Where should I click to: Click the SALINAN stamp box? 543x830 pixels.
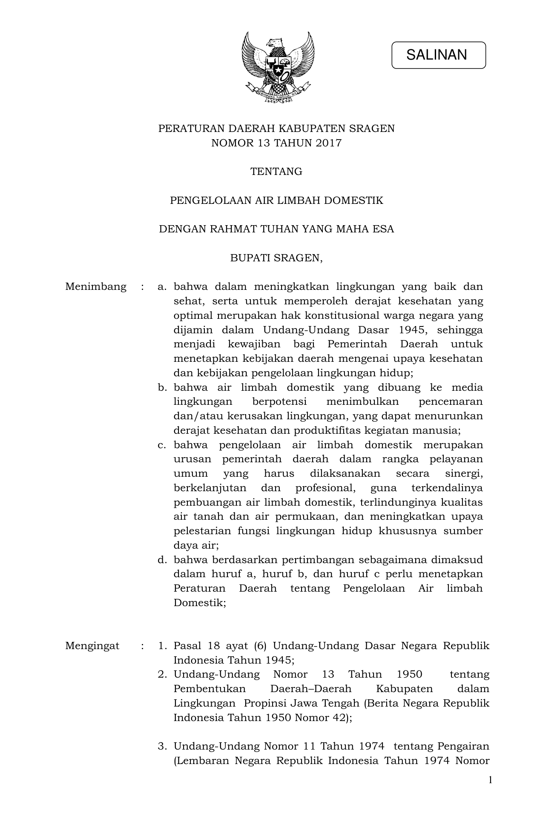[438, 55]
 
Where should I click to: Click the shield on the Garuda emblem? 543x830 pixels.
[277, 68]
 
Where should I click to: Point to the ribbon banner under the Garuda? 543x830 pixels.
[277, 94]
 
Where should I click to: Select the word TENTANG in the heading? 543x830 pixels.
[276, 172]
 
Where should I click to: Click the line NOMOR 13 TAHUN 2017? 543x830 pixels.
[276, 143]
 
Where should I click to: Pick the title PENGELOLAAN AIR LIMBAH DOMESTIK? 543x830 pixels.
[276, 200]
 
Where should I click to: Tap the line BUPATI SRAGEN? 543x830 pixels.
[276, 258]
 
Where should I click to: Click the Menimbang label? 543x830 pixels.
[96, 286]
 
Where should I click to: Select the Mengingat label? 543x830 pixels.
[92, 646]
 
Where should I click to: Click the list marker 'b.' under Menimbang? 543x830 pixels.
[161, 387]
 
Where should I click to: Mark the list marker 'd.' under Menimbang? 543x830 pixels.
[161, 560]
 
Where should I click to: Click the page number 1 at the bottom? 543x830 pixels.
[490, 780]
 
